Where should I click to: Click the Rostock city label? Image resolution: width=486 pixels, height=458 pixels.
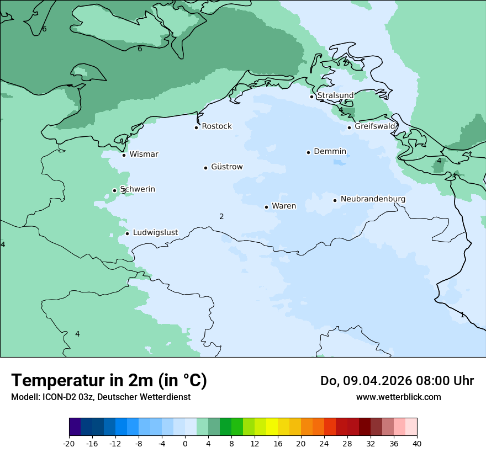[x=216, y=126]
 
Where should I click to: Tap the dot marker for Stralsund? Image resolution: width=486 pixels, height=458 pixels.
[x=311, y=97]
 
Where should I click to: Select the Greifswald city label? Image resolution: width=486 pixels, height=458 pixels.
[x=375, y=126]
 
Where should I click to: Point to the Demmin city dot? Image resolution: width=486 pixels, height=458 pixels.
[x=308, y=152]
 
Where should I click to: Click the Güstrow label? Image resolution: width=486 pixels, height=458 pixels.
[x=226, y=167]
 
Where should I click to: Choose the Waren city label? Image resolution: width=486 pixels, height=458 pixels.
[x=284, y=206]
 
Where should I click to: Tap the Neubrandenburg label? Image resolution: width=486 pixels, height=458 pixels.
[x=373, y=199]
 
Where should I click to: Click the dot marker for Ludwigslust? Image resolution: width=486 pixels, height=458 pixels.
[x=127, y=233]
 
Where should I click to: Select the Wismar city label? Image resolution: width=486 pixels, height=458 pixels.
[x=144, y=154]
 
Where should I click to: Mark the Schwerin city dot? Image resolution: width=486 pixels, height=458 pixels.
[x=114, y=190]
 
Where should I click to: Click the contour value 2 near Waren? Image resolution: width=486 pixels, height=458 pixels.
[x=221, y=216]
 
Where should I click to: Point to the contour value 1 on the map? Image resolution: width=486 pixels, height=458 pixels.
[x=462, y=315]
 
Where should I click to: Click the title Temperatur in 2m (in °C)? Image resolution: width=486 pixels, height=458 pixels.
[x=109, y=380]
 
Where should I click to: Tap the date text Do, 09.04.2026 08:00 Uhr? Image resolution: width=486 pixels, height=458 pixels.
[x=397, y=381]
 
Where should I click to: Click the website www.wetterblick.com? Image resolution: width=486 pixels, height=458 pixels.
[x=398, y=397]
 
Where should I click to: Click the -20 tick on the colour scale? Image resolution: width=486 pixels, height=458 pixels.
[x=69, y=444]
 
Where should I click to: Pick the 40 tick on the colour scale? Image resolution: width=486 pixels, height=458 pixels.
[x=417, y=444]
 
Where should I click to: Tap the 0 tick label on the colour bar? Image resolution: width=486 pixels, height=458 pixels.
[x=185, y=444]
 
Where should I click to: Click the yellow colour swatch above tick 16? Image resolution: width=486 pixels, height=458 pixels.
[x=272, y=427]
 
